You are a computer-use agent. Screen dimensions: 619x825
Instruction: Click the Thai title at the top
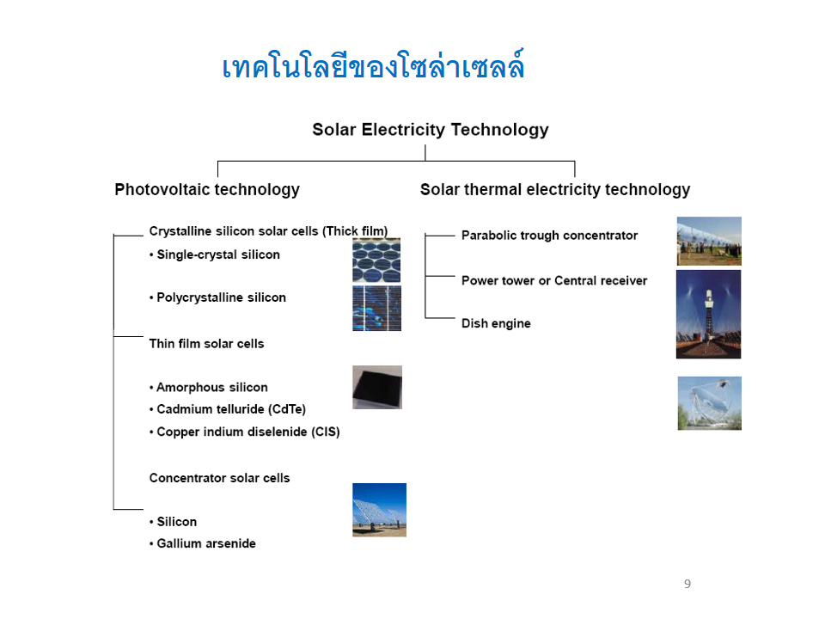[373, 67]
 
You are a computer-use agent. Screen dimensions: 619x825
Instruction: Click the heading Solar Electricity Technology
[430, 130]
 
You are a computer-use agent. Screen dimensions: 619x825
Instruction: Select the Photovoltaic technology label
[207, 190]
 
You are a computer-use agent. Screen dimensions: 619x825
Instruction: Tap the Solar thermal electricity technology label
[554, 190]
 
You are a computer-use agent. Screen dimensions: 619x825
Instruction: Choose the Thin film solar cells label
[206, 344]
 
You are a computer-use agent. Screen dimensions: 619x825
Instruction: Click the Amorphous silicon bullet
[211, 388]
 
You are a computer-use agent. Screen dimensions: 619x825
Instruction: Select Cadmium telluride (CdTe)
[229, 409]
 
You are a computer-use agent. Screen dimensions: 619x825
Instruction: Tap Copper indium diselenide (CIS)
[247, 432]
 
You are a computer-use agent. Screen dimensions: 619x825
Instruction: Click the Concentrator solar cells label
[219, 478]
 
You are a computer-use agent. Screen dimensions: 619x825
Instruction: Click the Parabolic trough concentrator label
[549, 236]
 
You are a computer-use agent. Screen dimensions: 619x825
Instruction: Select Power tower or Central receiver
[554, 280]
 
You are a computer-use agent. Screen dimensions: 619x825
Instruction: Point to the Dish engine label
[496, 323]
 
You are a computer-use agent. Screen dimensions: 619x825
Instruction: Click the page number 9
[687, 584]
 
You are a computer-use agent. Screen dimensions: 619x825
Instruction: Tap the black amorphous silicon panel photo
[376, 387]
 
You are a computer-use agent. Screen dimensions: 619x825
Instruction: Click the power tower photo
[708, 314]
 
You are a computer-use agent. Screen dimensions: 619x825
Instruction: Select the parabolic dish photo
[709, 402]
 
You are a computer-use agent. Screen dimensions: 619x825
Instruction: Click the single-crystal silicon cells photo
[376, 260]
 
